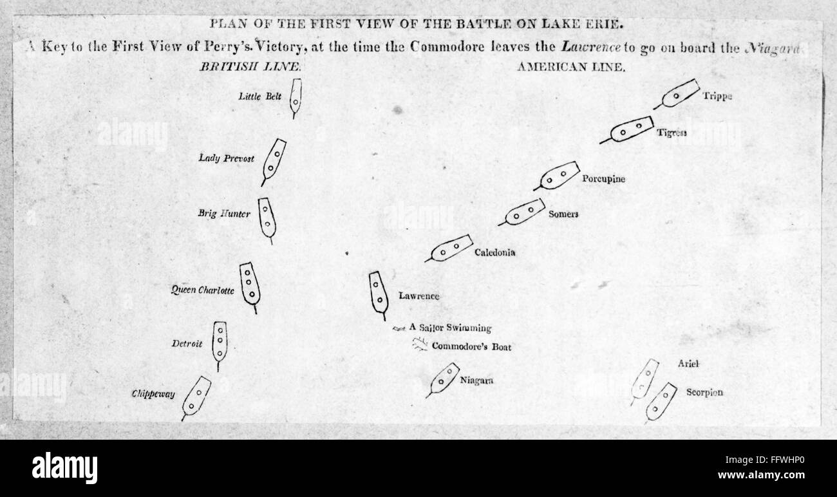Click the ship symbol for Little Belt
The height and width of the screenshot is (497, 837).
coord(296,97)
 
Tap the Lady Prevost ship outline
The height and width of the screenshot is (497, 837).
coord(274,160)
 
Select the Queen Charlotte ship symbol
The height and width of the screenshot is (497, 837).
coord(249,284)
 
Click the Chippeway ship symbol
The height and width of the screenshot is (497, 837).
coord(196,397)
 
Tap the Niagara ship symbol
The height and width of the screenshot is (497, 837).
coord(444,379)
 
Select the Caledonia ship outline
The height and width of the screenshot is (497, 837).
coord(451,248)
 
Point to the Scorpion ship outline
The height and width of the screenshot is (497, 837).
coord(660,402)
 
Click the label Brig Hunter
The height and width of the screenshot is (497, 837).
coord(223,214)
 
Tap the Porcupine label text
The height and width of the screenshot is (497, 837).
coord(603,179)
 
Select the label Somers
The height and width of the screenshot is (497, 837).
coord(563,214)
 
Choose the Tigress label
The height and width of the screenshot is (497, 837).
coord(672,133)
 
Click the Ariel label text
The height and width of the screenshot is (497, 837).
coord(688,364)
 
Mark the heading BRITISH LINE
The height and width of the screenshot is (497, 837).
coord(251,66)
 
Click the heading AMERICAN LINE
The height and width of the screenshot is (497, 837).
coord(570,66)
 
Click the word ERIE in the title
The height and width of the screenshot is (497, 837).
coord(606,25)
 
